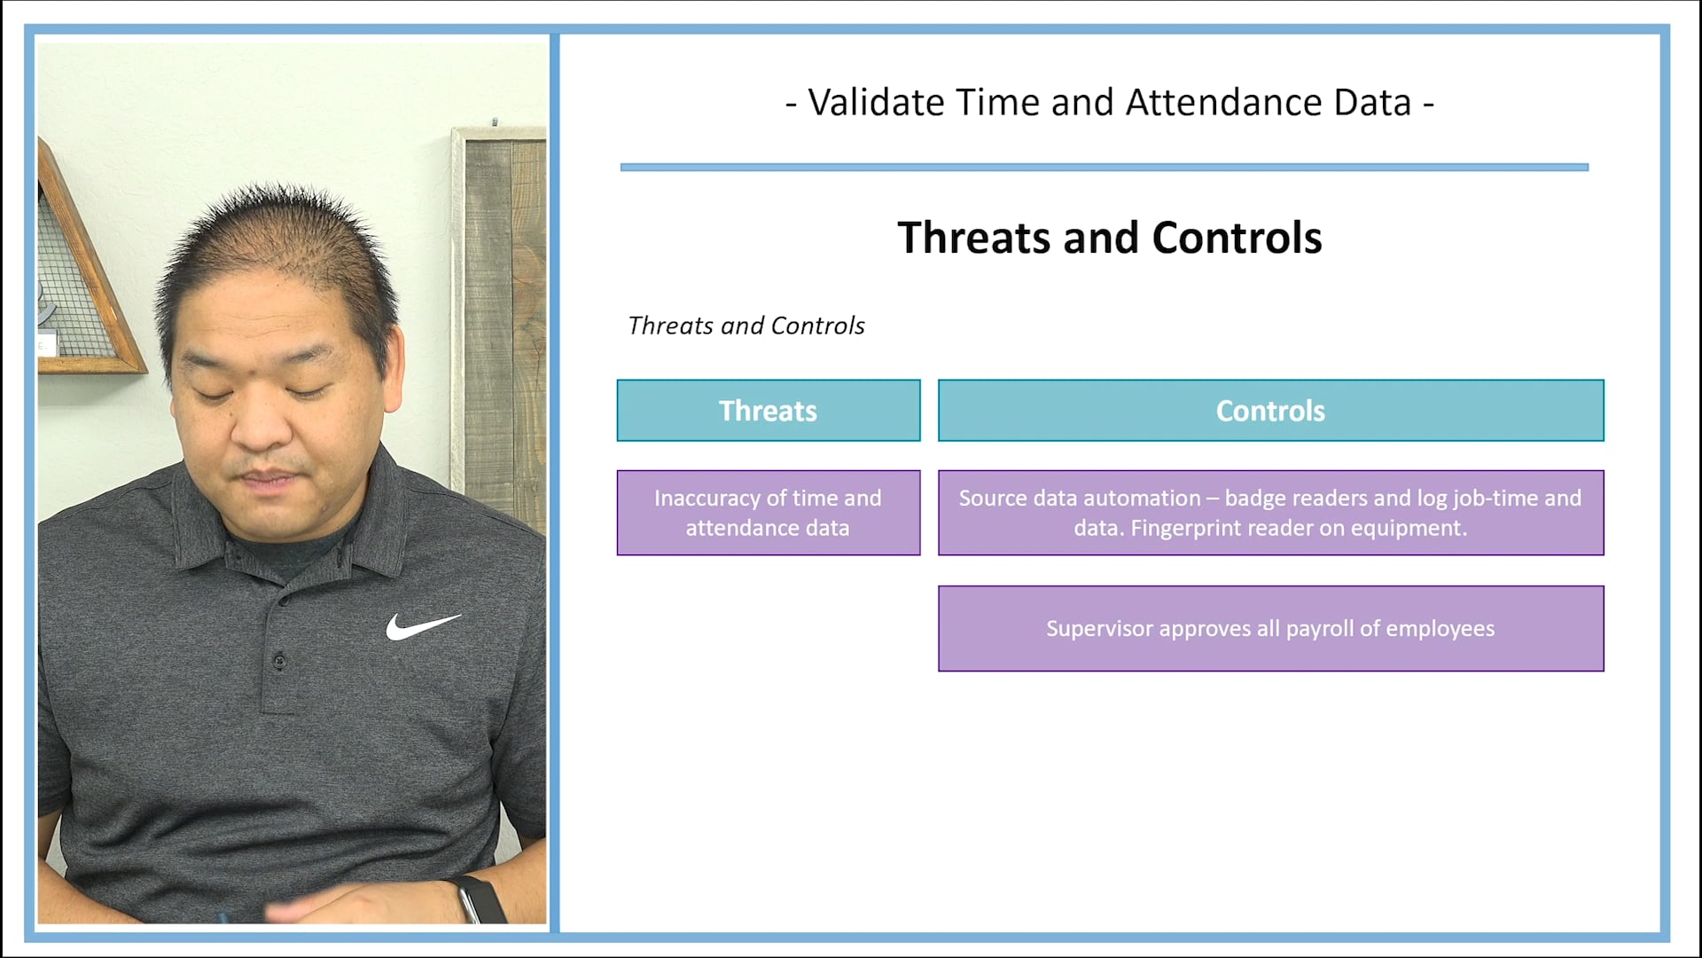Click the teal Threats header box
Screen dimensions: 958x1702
768,411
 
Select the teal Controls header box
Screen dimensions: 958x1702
1270,411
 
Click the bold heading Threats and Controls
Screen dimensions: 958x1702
1109,238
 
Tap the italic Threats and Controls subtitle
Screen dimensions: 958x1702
746,326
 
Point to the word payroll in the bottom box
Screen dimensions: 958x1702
1320,629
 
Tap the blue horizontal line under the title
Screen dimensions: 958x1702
1104,167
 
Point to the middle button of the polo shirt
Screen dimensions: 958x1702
279,660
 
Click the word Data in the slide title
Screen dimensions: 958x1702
1372,103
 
